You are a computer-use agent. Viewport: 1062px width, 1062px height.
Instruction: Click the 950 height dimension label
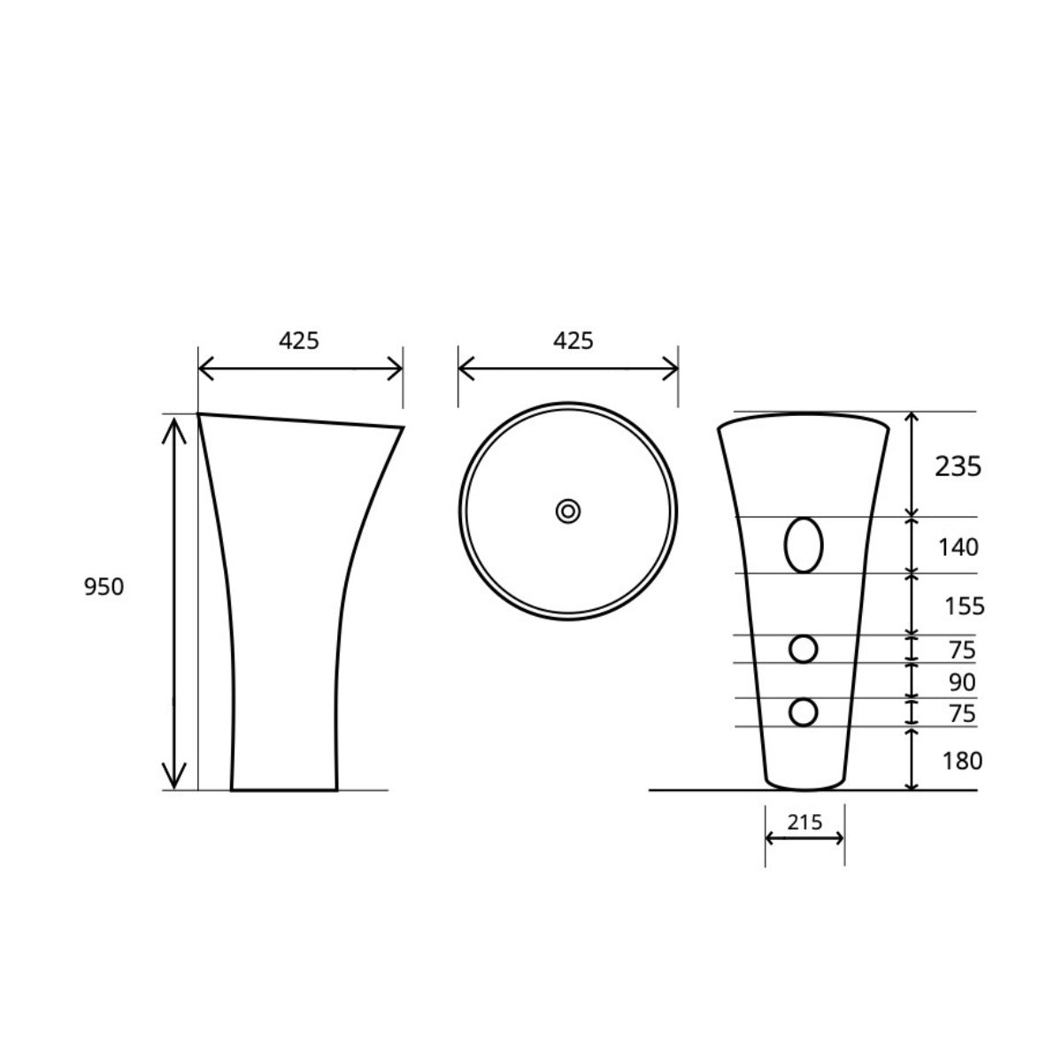(104, 587)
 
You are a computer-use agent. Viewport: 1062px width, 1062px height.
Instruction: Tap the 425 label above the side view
(299, 341)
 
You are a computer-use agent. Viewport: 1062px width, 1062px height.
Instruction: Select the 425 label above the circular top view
(573, 341)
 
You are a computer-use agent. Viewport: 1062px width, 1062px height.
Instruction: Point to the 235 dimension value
(958, 466)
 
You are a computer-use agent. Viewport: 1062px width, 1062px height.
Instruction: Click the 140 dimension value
(958, 547)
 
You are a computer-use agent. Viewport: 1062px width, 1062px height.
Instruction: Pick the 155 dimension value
(965, 606)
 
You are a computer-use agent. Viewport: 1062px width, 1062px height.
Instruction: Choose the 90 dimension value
(962, 682)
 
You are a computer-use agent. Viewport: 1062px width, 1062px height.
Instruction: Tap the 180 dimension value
(962, 761)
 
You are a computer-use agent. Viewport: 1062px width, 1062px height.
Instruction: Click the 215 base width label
(804, 822)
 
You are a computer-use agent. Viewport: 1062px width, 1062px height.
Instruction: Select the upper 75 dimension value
(962, 650)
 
